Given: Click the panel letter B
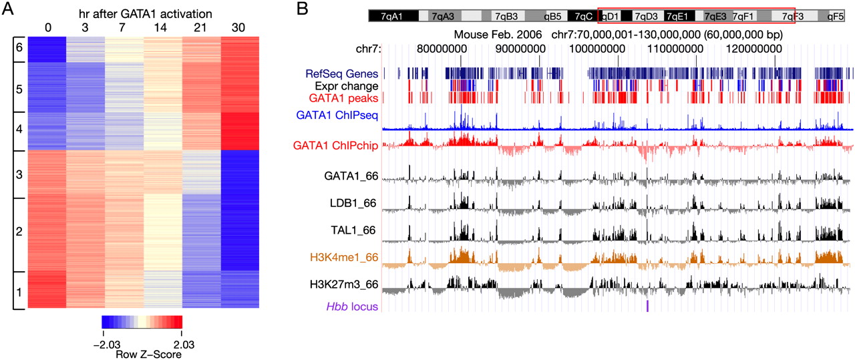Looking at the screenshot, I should coord(303,10).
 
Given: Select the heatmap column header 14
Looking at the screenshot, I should coord(162,29).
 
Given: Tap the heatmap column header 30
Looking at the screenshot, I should coord(240,29).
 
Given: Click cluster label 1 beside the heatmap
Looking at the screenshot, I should coord(18,291).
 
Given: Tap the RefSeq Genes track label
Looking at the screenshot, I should coord(342,73).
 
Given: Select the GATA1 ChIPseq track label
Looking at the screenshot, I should coord(341,115).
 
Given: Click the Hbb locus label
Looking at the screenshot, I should coord(352,307).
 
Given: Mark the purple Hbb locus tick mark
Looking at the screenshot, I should coord(647,305).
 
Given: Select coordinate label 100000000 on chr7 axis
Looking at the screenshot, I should coord(618,48).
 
